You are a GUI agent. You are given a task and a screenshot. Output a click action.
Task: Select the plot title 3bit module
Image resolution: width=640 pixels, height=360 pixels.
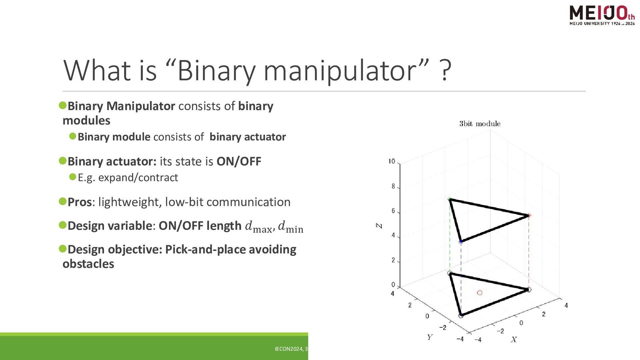coord(480,124)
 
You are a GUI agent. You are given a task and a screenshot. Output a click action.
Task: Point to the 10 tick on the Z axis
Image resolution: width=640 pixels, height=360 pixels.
coord(392,161)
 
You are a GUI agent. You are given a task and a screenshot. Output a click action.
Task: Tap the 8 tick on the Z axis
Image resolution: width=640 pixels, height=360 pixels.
coord(393,186)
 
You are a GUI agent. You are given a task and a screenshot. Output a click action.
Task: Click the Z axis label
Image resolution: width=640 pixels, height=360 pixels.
coord(379,226)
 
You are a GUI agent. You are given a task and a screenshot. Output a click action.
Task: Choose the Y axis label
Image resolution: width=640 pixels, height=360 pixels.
coord(430,337)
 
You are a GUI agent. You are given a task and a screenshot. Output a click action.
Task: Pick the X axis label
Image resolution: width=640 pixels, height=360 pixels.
coord(514,340)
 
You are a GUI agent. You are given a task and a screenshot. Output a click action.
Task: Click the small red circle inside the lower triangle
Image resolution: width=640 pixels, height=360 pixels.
coord(480,293)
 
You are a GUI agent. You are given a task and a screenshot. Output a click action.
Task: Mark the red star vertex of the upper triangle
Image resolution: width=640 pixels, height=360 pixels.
coord(529,216)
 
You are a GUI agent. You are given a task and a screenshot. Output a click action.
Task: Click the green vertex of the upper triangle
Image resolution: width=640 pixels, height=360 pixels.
coord(450,199)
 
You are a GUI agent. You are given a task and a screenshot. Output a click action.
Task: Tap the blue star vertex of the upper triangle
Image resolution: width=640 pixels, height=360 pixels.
coord(461,242)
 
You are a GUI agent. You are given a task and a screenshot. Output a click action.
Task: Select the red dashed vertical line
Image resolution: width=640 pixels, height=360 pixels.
coord(529,253)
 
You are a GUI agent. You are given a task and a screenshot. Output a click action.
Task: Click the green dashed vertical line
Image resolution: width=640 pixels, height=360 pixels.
coord(450,236)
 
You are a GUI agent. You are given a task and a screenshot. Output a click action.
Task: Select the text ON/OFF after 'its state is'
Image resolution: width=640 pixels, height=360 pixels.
coord(239,161)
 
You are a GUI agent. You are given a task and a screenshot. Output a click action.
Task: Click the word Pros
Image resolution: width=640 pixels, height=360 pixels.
coord(80,202)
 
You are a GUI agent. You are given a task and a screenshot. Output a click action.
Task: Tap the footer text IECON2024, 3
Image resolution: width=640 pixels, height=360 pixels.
coord(291,349)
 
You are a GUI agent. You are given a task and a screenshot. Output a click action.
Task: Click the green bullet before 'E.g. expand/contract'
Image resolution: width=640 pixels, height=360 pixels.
coord(73,177)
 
